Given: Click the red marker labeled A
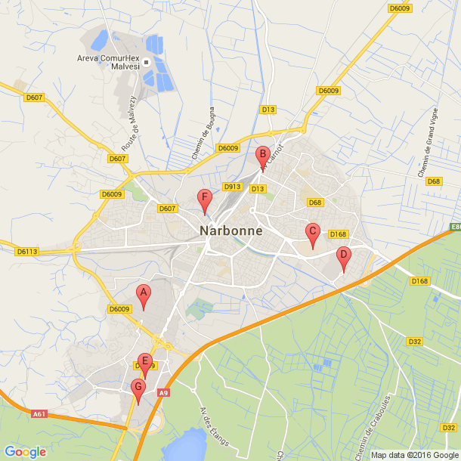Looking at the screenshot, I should pyautogui.click(x=143, y=294).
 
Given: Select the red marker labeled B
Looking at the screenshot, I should pyautogui.click(x=263, y=156).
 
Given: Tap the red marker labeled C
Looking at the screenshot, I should pyautogui.click(x=312, y=234).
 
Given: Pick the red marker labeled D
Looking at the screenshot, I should pyautogui.click(x=343, y=257).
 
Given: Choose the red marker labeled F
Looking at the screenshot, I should pyautogui.click(x=204, y=200).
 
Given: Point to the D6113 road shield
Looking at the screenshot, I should pyautogui.click(x=27, y=251).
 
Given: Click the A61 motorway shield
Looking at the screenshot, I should pyautogui.click(x=40, y=413).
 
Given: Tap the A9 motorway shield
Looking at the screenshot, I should pyautogui.click(x=164, y=392).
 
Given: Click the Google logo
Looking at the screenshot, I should pyautogui.click(x=25, y=452).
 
